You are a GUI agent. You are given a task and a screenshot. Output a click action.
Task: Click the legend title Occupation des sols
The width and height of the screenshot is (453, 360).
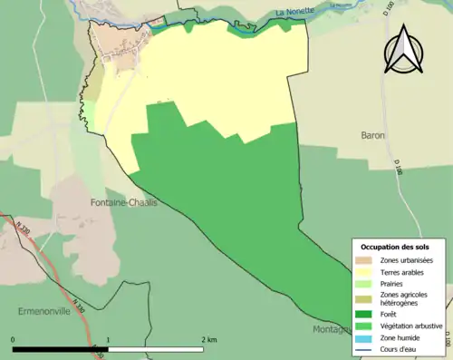(x=395, y=247)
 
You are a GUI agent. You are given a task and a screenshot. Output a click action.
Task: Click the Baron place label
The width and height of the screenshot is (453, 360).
(x=373, y=135)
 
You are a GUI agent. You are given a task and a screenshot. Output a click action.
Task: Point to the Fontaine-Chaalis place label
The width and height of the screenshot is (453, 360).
(x=124, y=202)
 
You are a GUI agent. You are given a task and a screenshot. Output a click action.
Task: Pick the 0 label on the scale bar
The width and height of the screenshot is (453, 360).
(x=13, y=340)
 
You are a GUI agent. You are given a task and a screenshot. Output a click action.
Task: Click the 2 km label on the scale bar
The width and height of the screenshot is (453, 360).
(x=209, y=340)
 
